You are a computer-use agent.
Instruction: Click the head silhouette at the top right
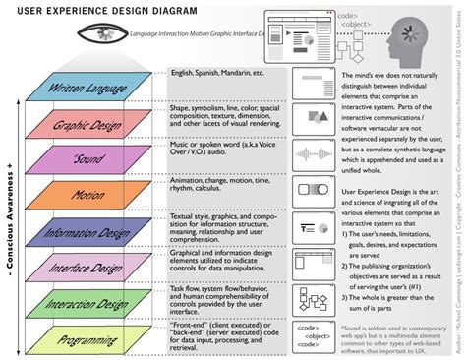pyautogui.click(x=413, y=39)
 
